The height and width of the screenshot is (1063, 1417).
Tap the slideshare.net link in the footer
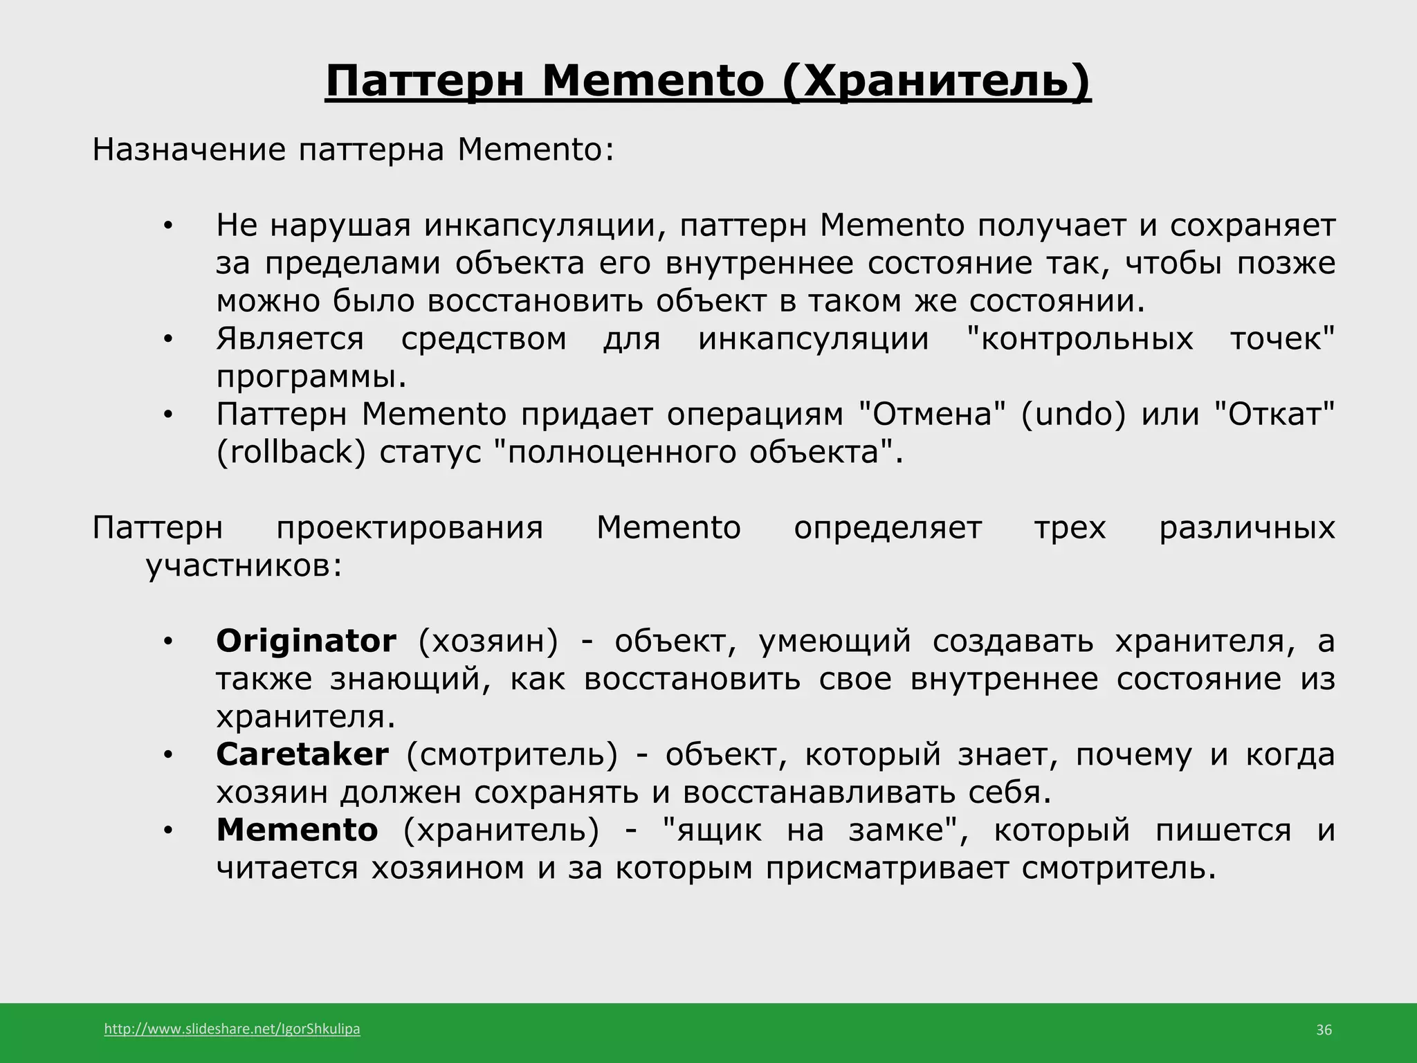232,1029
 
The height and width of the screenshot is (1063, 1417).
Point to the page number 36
1323,1030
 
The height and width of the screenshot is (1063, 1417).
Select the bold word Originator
306,641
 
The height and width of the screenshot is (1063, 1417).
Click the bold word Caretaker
302,754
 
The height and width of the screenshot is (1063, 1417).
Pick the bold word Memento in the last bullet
297,830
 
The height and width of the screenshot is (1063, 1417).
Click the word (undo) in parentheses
1073,414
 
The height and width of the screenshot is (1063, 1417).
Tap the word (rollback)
291,452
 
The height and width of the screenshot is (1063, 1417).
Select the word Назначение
188,149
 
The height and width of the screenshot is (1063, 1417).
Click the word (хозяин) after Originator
488,641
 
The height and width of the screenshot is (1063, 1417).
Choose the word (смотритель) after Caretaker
511,754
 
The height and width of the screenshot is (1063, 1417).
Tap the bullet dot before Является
167,339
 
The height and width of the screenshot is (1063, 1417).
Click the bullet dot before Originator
167,642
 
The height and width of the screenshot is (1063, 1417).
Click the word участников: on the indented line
244,566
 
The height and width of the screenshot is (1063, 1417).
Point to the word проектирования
410,528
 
